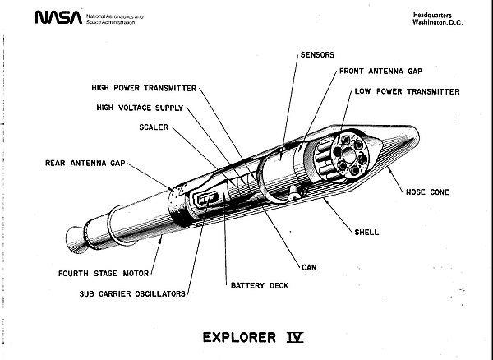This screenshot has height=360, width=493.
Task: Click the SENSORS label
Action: tap(316, 54)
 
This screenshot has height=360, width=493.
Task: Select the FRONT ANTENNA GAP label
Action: tap(380, 72)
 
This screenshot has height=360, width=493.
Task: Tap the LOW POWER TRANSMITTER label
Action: tap(407, 91)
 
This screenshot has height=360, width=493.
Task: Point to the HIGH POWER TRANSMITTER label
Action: tap(144, 86)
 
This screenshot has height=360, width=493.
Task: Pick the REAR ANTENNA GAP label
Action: tap(85, 163)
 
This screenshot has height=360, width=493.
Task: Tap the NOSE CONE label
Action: tap(426, 192)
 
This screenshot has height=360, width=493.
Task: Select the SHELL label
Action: tap(366, 232)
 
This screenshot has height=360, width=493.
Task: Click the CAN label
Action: tap(310, 267)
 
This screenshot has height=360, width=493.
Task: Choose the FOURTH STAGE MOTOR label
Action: tap(102, 274)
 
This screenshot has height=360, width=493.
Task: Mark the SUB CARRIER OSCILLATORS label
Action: tap(131, 293)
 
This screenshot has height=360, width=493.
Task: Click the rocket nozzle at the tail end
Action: tap(73, 239)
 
